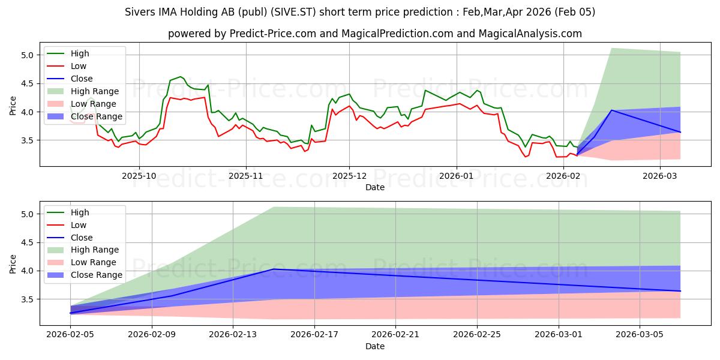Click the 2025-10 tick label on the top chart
pos(139,176)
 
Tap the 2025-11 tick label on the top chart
pos(245,176)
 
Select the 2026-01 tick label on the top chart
pos(457,176)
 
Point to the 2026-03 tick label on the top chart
pos(660,176)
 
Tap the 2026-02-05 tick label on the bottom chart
pos(70,335)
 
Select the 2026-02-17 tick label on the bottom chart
pos(314,335)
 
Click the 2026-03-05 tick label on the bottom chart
pos(640,335)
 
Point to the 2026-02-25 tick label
pos(477,335)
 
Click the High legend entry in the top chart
pos(79,53)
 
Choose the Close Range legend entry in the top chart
pos(96,116)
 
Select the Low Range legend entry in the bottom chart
pos(94,262)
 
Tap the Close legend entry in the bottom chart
pos(82,238)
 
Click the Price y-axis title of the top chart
pos(13,104)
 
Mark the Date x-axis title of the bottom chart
pos(375,346)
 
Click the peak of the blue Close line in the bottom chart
pos(274,269)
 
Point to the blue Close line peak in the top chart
pos(611,110)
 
